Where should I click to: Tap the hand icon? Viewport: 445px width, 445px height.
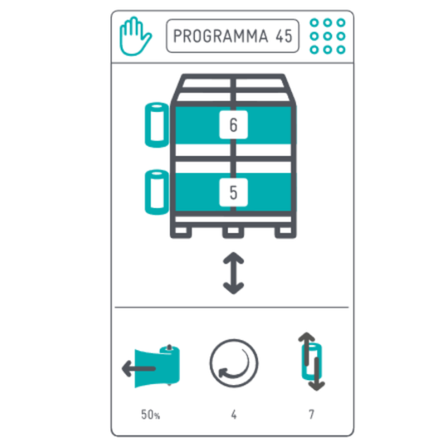pos(134,36)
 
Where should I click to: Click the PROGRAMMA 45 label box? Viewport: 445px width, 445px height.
pos(233,36)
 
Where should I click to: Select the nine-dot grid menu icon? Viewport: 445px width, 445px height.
pos(327,36)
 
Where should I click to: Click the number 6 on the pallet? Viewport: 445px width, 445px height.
pos(233,125)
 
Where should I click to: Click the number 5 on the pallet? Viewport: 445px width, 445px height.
pos(233,192)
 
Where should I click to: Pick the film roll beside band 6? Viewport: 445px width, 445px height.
pos(157,125)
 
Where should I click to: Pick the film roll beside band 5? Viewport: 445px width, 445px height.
pos(157,192)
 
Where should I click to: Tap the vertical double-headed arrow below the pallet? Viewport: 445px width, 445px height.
pos(233,273)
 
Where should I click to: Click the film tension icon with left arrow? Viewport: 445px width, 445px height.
pos(151,366)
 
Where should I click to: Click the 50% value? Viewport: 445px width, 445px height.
pos(150,414)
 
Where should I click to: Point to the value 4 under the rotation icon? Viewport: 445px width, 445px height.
pos(234,414)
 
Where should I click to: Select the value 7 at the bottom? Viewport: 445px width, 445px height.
pos(311,414)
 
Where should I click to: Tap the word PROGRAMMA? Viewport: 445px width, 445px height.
pos(220,36)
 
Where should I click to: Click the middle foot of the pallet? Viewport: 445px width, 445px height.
pos(233,231)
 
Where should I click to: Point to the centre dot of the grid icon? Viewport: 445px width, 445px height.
pos(327,36)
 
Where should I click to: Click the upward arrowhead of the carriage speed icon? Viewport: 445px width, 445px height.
pos(306,337)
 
